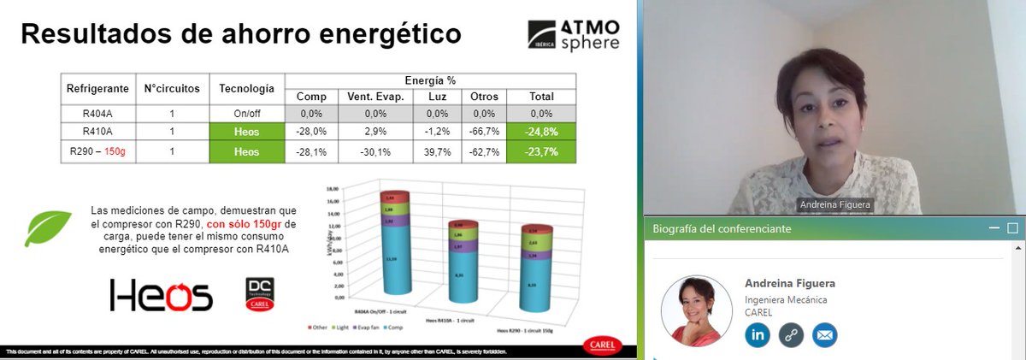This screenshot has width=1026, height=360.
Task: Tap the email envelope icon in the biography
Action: click(825, 334)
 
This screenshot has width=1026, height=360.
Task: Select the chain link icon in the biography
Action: click(792, 334)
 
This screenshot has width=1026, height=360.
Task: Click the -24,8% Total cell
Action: click(541, 132)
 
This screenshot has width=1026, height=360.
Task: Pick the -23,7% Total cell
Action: click(541, 151)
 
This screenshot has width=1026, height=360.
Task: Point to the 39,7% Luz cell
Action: click(437, 151)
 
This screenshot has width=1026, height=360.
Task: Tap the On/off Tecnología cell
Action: click(246, 113)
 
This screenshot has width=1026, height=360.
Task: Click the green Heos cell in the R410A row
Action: click(246, 132)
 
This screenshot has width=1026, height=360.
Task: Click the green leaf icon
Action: click(48, 227)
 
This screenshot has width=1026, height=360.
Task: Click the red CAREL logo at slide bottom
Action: click(604, 344)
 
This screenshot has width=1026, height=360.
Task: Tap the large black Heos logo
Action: click(161, 295)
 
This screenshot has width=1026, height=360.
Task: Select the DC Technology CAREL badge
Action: click(259, 293)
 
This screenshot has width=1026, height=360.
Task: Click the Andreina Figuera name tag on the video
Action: click(834, 204)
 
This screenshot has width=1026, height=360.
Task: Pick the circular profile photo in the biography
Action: click(696, 310)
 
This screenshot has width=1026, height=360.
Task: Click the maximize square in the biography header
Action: click(1013, 228)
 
